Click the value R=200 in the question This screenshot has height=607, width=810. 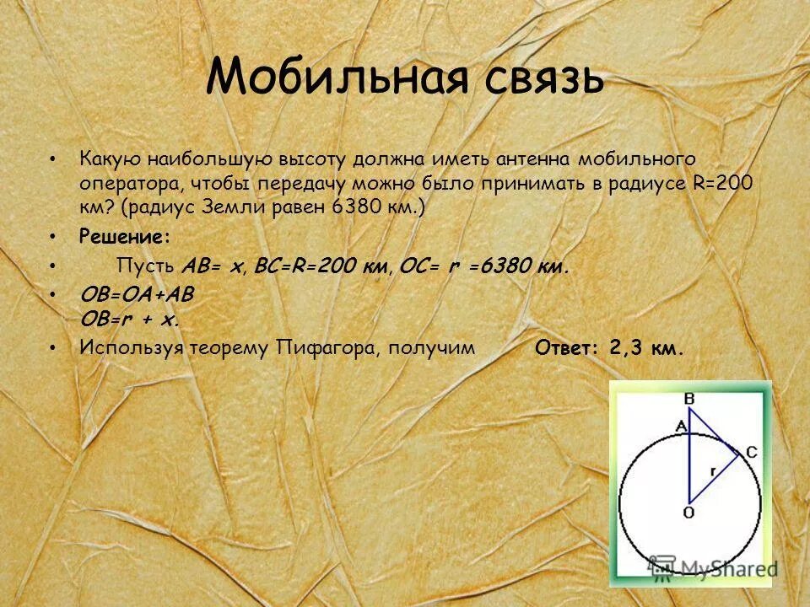pyautogui.click(x=721, y=183)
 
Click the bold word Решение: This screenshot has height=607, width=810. pyautogui.click(x=125, y=237)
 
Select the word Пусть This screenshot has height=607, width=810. pyautogui.click(x=145, y=266)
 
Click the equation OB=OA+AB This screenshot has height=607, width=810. pyautogui.click(x=137, y=296)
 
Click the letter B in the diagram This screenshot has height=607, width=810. pyautogui.click(x=689, y=397)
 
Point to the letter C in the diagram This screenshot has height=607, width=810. pyautogui.click(x=752, y=453)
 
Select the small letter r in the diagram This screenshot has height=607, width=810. pyautogui.click(x=714, y=473)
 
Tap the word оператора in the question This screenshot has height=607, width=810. pyautogui.click(x=125, y=183)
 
